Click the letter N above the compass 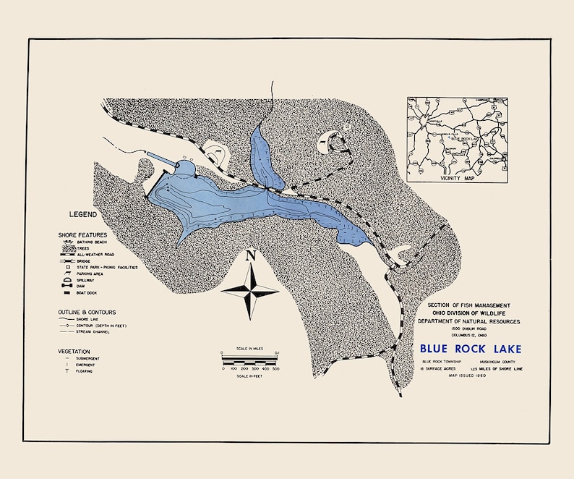pyautogui.click(x=251, y=255)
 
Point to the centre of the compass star pyautogui.click(x=250, y=291)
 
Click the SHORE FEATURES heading pyautogui.click(x=82, y=235)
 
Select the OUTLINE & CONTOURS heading pyautogui.click(x=87, y=312)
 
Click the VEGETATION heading pyautogui.click(x=77, y=349)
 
